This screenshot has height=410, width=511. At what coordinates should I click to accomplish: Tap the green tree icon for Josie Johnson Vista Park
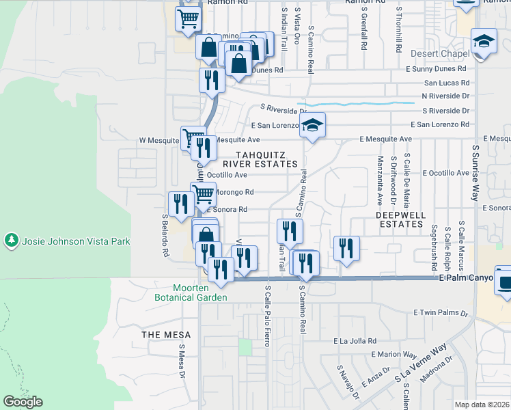tap(11, 241)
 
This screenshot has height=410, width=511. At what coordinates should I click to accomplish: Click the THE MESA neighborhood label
tap(163, 335)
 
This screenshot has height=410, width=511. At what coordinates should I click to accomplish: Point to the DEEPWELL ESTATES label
tap(400, 219)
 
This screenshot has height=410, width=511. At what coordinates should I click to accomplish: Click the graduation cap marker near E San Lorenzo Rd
tap(312, 126)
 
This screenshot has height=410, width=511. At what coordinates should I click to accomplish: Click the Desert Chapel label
tap(440, 54)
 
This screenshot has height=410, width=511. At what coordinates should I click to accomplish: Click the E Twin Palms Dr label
tap(441, 313)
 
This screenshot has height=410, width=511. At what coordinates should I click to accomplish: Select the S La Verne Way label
tap(420, 372)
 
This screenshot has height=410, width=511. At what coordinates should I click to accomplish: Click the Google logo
tap(23, 402)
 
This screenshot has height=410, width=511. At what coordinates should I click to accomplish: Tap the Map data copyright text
tap(482, 405)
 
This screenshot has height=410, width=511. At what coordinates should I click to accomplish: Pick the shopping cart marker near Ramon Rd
tap(188, 19)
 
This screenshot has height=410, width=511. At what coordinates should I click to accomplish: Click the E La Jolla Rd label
tap(355, 340)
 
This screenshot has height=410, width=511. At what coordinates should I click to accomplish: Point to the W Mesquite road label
tap(158, 140)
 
